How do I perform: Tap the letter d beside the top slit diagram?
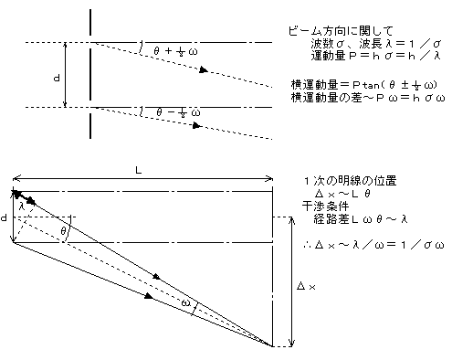(x=58, y=79)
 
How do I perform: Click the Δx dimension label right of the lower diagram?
(x=307, y=286)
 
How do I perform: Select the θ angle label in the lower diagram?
(x=63, y=231)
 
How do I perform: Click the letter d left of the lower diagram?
(x=5, y=218)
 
